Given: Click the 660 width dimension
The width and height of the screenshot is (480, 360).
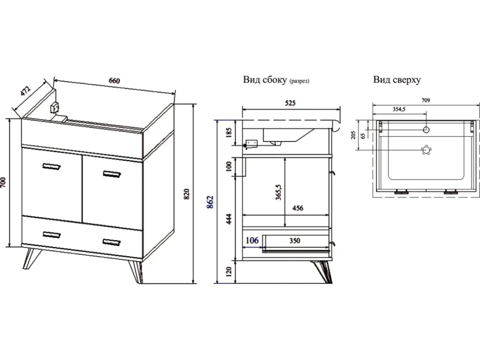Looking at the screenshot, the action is tap(114, 81).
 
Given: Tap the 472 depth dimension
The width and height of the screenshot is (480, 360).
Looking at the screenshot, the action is tap(26, 91).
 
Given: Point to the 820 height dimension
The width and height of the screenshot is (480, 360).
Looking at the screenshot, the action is tap(187, 194).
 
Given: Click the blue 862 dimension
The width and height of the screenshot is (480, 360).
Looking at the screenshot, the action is tap(210, 202).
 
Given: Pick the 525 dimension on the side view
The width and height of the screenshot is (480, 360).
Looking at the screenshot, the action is tap(290, 103).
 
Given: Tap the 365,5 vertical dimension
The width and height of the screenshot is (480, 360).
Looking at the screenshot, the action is tap(278, 192).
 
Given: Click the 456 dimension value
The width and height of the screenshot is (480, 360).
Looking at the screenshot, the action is tap(297, 208).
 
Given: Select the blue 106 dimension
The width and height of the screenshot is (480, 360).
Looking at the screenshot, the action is tap(252, 240).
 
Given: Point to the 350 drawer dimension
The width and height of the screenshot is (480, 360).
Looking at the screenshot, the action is tap(294, 241).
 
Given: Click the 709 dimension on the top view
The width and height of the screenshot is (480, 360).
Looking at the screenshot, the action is tap(426, 100).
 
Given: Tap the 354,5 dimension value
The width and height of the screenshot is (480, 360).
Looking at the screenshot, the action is tap(399, 109).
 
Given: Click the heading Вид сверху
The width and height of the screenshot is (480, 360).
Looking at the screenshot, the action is tap(397, 80).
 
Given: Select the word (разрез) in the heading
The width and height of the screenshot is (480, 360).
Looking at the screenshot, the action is tap(299, 81).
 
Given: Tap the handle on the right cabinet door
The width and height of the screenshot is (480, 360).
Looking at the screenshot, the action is tap(112, 174).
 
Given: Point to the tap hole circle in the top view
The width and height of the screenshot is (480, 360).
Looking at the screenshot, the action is tap(426, 130).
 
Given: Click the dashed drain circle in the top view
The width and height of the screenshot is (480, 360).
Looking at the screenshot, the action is tap(426, 150).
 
